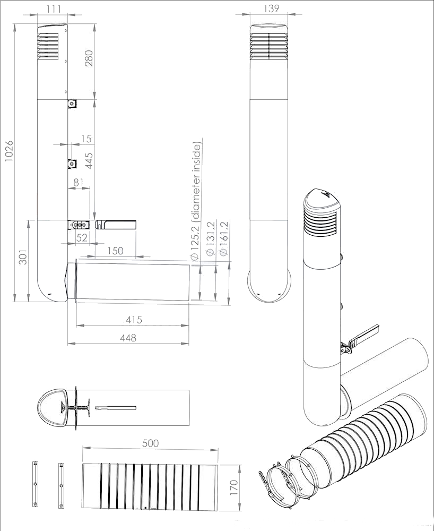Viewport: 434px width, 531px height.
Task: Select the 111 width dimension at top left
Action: (x=54, y=9)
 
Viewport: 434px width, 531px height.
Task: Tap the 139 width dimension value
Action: (x=271, y=8)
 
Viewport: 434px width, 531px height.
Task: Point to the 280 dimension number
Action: (x=89, y=58)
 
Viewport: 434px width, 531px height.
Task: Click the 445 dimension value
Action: (x=89, y=161)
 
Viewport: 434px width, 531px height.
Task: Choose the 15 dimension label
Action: (x=86, y=139)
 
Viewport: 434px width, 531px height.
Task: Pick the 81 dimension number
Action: (x=79, y=182)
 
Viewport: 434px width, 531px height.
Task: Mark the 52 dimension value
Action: (x=82, y=238)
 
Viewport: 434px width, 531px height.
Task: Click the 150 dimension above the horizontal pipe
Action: (x=115, y=251)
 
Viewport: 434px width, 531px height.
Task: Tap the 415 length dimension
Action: (x=134, y=320)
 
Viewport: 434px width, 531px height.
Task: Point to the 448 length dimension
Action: (x=128, y=338)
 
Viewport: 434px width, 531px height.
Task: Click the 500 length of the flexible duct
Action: (x=150, y=443)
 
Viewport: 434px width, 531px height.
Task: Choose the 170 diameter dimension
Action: (x=234, y=487)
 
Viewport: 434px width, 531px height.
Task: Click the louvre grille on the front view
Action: (x=269, y=45)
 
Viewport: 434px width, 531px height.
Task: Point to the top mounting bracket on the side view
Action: (x=72, y=104)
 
